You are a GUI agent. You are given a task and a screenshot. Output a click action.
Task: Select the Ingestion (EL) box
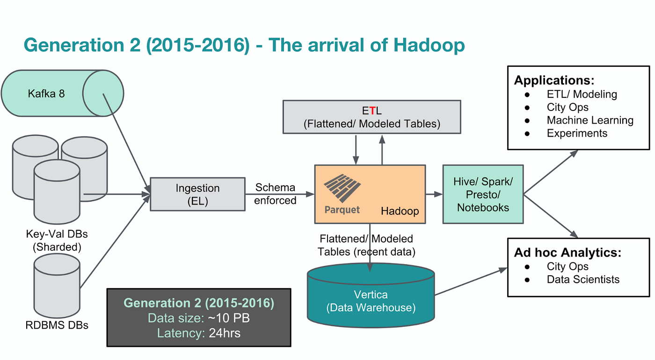[197, 194]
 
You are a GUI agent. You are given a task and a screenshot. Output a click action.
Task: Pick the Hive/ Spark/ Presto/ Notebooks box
[483, 194]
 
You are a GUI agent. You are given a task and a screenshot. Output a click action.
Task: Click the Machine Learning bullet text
[589, 120]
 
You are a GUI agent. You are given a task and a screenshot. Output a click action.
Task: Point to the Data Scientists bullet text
[582, 279]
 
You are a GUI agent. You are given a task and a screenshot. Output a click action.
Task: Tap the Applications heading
[554, 80]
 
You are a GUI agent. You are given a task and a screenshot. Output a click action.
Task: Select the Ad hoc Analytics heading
[568, 253]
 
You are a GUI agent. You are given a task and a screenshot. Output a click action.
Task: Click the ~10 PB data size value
[228, 318]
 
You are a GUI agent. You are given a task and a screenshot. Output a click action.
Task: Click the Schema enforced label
[276, 194]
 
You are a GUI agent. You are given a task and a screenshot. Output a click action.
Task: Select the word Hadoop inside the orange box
[400, 211]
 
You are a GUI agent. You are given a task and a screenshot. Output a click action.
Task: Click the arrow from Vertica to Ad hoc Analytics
[472, 282]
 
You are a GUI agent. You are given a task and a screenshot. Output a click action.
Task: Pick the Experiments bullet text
[576, 133]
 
